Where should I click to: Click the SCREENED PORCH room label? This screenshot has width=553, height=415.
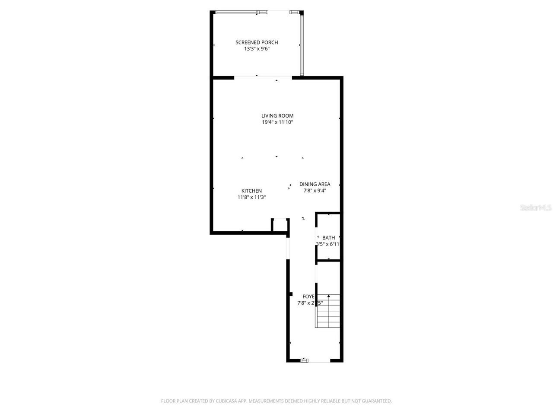point(257,42)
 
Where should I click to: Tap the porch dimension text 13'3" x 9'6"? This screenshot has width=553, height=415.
point(257,49)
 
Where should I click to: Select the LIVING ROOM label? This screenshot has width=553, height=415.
point(277,115)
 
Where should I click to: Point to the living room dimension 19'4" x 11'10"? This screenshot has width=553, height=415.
point(277,122)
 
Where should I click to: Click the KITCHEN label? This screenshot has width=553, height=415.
point(251,191)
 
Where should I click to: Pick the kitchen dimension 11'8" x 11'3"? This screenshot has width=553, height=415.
point(251,197)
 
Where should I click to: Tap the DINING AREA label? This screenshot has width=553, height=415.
point(315,184)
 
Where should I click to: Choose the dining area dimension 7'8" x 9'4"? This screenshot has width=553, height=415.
point(315,191)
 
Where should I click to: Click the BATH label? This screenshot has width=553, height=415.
point(328,238)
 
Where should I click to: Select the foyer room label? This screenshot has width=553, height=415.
point(308,296)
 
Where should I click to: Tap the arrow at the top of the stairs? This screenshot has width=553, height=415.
point(328,296)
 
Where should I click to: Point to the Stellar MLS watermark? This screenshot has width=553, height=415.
point(536,208)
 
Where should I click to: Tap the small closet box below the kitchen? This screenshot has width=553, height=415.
point(280,225)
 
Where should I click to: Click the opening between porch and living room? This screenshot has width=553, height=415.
point(263,77)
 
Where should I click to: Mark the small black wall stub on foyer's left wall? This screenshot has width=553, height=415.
point(290,294)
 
